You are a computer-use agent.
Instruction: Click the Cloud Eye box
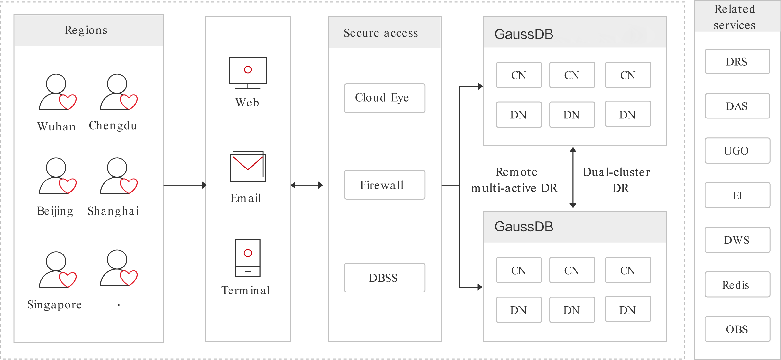coord(384,98)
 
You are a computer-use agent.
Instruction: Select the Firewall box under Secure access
coord(384,185)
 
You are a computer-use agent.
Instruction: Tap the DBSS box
coord(384,278)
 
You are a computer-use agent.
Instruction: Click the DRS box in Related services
coord(737,61)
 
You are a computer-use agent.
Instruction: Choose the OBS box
coord(737,329)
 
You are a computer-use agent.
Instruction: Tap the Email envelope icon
coord(248,167)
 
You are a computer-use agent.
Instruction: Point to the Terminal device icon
coord(248,258)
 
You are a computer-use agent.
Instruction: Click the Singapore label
coord(55,304)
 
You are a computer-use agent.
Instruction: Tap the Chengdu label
coord(113,125)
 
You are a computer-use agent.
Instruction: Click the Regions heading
coord(86,30)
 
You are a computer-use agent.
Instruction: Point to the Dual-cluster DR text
coord(616,180)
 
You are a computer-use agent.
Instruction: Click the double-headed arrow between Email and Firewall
coord(307,185)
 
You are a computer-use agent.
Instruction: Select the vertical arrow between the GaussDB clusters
coord(573,178)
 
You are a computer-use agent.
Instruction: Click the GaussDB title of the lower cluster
coord(524,227)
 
